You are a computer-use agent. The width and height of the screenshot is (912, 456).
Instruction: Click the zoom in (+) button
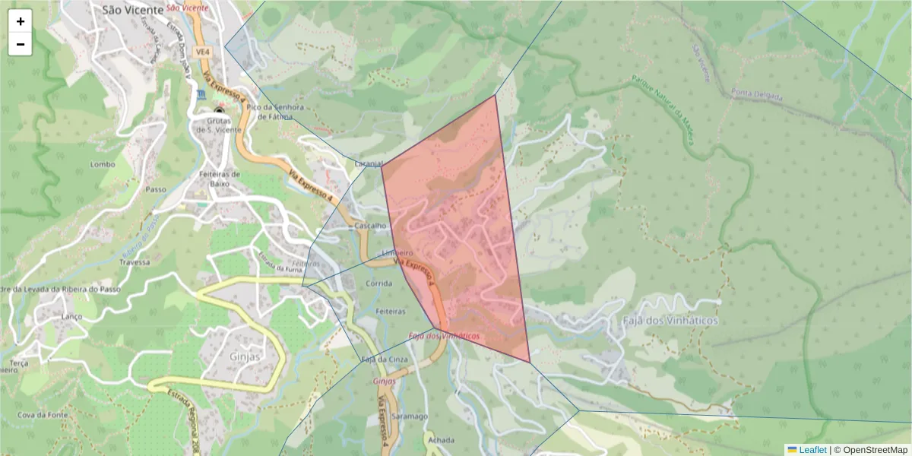pyautogui.click(x=21, y=21)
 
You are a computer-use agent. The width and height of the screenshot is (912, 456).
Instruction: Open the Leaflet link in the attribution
pyautogui.click(x=812, y=450)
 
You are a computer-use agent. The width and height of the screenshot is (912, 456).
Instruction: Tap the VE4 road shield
pyautogui.click(x=201, y=52)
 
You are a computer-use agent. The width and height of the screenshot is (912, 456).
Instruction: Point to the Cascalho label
pyautogui.click(x=371, y=226)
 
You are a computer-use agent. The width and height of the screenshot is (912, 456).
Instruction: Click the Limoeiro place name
pyautogui.click(x=396, y=252)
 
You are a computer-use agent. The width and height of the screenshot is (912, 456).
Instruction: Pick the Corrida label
pyautogui.click(x=378, y=283)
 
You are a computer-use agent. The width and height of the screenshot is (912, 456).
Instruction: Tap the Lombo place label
pyautogui.click(x=102, y=164)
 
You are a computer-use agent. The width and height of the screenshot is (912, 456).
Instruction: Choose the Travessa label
pyautogui.click(x=135, y=262)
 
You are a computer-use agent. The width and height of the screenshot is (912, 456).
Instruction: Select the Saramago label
pyautogui.click(x=410, y=416)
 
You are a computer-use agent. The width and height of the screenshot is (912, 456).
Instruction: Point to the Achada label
pyautogui.click(x=441, y=440)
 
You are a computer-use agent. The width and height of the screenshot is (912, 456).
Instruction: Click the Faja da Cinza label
pyautogui.click(x=381, y=359)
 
